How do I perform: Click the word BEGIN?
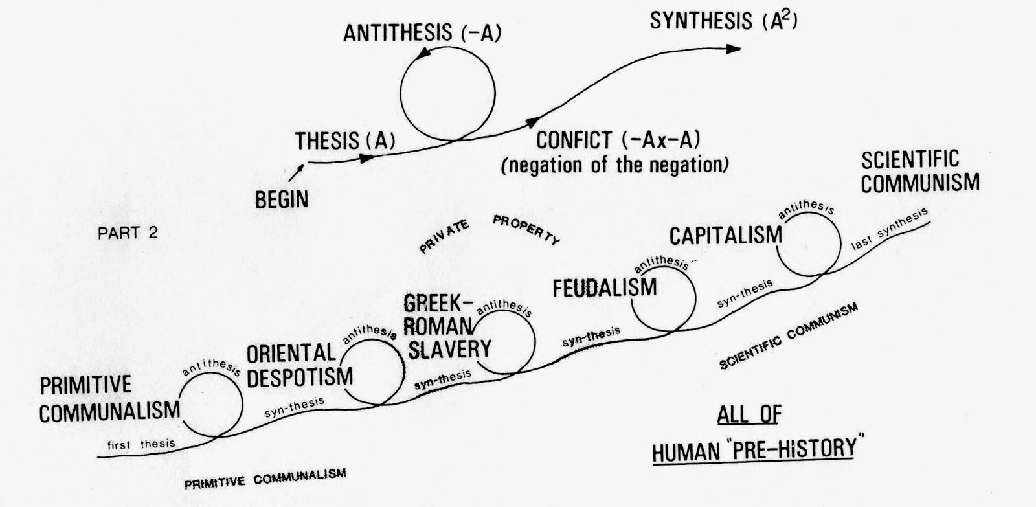point(282,200)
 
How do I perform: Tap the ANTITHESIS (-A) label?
point(422,33)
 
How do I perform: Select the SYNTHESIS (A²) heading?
point(724,20)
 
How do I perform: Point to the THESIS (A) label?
point(345,141)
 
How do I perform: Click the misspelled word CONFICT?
point(574,140)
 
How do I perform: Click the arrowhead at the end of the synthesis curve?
point(734,49)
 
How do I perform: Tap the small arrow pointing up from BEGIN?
point(296,172)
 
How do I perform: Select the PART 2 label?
point(128,232)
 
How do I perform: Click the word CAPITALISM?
point(726,236)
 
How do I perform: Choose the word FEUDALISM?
point(605,287)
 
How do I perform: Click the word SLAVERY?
point(449,349)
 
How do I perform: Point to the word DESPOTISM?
point(300,377)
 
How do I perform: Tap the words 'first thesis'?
point(141,445)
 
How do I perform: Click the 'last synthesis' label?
point(890,229)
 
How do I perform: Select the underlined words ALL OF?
point(749,414)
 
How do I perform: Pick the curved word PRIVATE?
point(444,236)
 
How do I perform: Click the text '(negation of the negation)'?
point(615,165)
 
